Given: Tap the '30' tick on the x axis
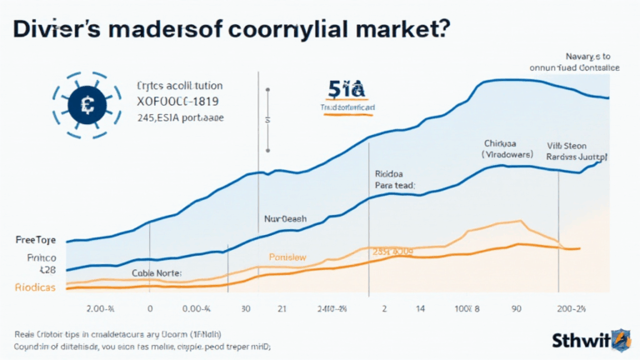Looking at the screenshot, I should coord(244,308).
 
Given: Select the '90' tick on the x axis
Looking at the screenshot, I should coord(517,308).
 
